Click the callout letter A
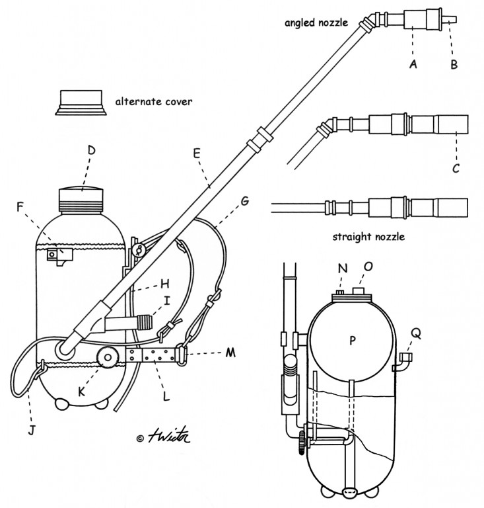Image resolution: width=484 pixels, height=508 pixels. coord(413,64)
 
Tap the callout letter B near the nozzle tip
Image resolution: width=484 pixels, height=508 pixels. coord(454,64)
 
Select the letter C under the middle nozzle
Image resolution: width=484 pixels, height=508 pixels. coord(456,169)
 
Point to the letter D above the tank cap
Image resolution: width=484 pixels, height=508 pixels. coord(92,150)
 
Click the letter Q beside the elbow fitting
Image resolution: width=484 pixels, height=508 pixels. coord(416,333)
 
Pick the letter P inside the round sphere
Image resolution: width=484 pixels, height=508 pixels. coord(353,341)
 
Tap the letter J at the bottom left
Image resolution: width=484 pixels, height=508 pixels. coord(31,431)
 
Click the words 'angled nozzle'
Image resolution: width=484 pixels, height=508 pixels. coord(316,22)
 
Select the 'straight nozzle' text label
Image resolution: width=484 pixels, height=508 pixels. coord(368,237)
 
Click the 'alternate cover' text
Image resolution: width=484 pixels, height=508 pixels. coord(154,102)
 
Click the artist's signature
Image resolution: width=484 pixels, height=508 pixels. coord(169,436)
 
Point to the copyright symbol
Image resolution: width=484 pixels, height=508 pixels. coord(140,439)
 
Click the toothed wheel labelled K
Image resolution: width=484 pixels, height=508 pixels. coord(108,357)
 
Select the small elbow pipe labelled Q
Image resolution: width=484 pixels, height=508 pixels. coord(402,362)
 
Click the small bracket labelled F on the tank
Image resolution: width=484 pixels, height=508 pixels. coord(60,256)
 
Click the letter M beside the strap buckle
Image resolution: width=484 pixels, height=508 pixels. coord(230,353)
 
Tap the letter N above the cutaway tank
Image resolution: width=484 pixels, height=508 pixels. coord(343,269)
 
